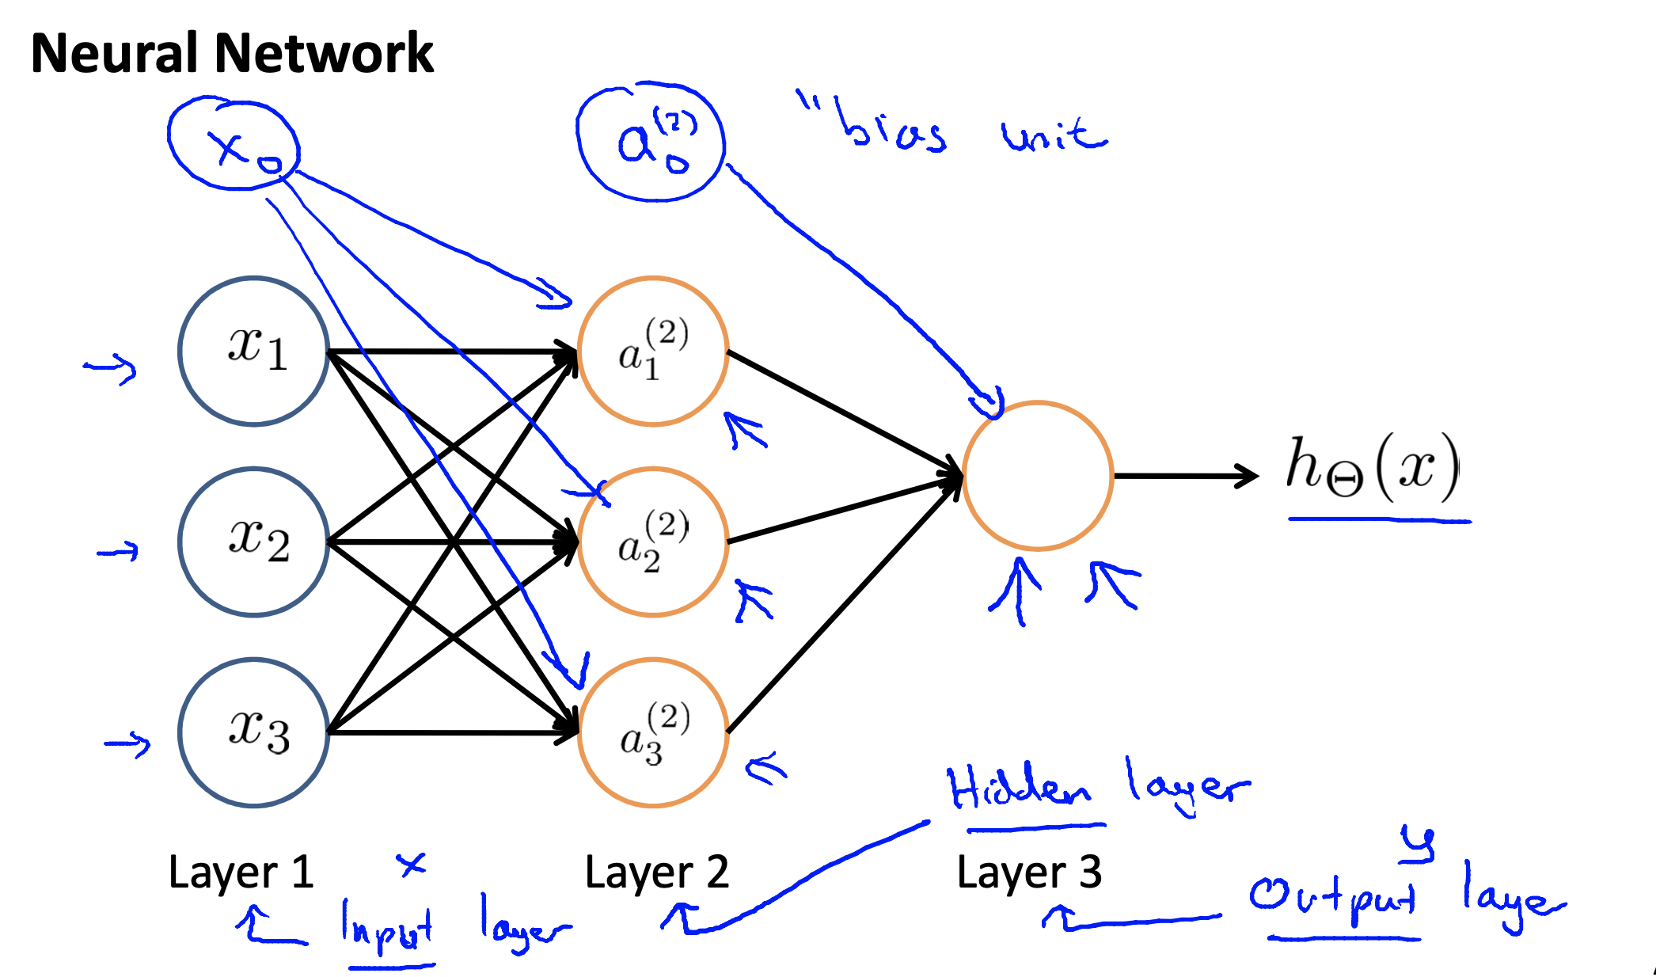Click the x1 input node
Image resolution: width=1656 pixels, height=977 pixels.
tap(254, 351)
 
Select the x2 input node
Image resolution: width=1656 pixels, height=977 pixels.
tap(254, 542)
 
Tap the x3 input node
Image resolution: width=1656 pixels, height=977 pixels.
tap(254, 733)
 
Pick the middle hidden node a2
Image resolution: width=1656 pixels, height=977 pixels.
tap(653, 542)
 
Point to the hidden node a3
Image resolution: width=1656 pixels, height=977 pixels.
tap(653, 733)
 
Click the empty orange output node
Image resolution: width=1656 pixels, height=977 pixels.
tap(1038, 476)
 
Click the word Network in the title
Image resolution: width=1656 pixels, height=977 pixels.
tap(325, 54)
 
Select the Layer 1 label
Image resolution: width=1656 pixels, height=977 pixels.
tap(241, 872)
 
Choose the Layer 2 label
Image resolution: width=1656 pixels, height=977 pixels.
tap(657, 872)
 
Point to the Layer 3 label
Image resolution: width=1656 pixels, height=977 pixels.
tap(1029, 872)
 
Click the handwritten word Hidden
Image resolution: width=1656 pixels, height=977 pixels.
tap(1020, 789)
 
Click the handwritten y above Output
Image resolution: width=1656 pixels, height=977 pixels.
tap(1418, 843)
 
